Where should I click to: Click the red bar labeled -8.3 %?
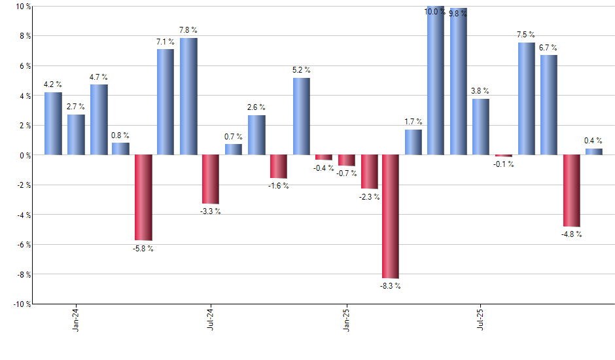[391, 216]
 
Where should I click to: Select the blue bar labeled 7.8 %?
[188, 96]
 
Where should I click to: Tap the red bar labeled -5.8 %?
[143, 198]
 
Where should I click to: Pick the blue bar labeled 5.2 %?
[301, 117]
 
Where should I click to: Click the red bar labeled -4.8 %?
[571, 190]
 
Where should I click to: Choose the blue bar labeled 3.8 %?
[481, 127]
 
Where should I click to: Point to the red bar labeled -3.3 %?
[211, 179]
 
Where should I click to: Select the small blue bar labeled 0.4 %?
[594, 152]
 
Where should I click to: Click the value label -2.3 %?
[370, 196]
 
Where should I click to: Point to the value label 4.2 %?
[53, 84]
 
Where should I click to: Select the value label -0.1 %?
[504, 164]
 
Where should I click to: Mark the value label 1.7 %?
[413, 122]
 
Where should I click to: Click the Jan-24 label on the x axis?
[77, 319]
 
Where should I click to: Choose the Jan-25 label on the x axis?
[346, 319]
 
